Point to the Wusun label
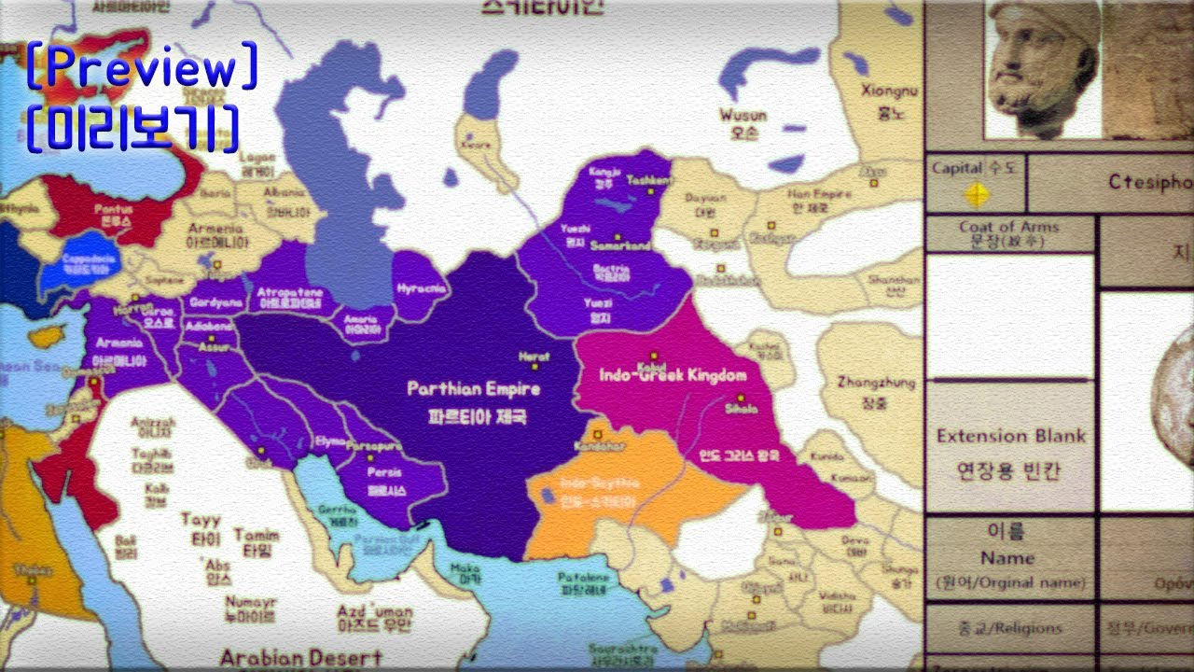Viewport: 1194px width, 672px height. pos(743,116)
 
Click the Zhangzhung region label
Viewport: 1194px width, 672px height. pos(862,382)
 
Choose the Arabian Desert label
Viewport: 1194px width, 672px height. pos(300,658)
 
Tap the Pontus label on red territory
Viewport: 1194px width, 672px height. pos(112,211)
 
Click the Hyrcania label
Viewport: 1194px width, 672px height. pos(422,288)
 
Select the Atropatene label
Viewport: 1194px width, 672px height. pos(288,292)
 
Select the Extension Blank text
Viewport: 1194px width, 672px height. pos(1010,436)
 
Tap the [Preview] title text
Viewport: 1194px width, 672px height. pos(142,68)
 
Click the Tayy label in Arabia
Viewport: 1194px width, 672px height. pos(201,520)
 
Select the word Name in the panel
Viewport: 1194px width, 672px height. pos(1007,558)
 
